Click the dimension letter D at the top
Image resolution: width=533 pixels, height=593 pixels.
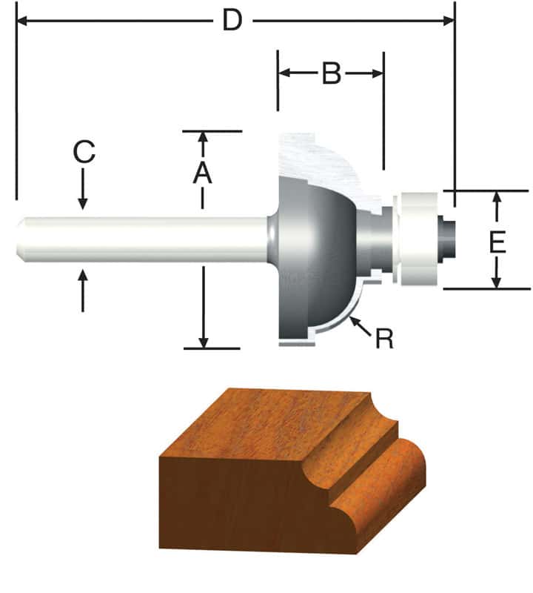coord(232,21)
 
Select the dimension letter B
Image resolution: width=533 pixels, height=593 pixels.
coord(331,74)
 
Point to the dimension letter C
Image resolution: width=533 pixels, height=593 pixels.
coord(84,153)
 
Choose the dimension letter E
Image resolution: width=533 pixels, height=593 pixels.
coord(497,242)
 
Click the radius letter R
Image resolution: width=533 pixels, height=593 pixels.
coord(384,339)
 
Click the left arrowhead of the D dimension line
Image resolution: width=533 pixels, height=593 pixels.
coord(22,21)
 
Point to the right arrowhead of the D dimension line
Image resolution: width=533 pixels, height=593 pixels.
coord(448,21)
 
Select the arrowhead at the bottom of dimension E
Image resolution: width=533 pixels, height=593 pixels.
coord(497,282)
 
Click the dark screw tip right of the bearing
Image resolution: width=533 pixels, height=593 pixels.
coord(446,238)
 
